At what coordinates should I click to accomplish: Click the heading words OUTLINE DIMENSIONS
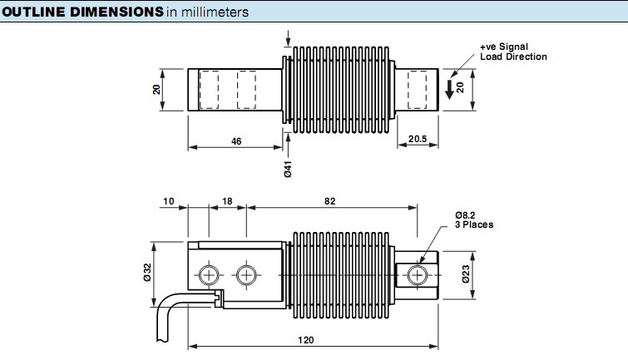pos(82,12)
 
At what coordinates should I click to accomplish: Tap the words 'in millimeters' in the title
pos(208,12)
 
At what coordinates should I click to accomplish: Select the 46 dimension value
pos(235,142)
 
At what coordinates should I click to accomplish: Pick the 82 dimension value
pos(331,202)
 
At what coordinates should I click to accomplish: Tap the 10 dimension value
pos(170,202)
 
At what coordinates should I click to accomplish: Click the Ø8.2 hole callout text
pos(468,215)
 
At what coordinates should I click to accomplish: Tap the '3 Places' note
pos(474,224)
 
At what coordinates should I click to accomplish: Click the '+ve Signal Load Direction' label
pos(513,52)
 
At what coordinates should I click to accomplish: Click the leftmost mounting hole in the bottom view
pos(209,274)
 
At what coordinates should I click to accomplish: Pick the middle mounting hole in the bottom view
pos(245,274)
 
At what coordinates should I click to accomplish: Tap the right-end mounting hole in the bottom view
pos(418,274)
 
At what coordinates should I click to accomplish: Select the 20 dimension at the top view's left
pos(156,89)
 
